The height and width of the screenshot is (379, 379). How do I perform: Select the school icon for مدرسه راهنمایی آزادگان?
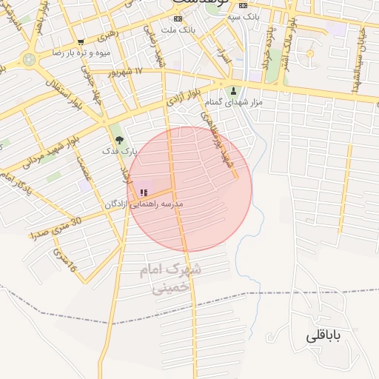[143, 192]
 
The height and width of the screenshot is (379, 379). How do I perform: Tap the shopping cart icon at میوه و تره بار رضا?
[80, 41]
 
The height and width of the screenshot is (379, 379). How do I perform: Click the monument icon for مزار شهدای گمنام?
[234, 90]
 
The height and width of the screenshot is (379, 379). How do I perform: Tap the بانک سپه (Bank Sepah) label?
[244, 16]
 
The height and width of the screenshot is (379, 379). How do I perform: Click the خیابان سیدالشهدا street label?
[360, 59]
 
